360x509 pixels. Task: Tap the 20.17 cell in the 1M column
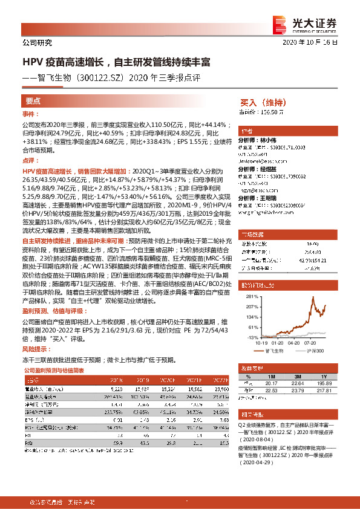(x=271, y=382)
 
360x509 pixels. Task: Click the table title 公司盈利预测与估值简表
(x=53, y=370)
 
